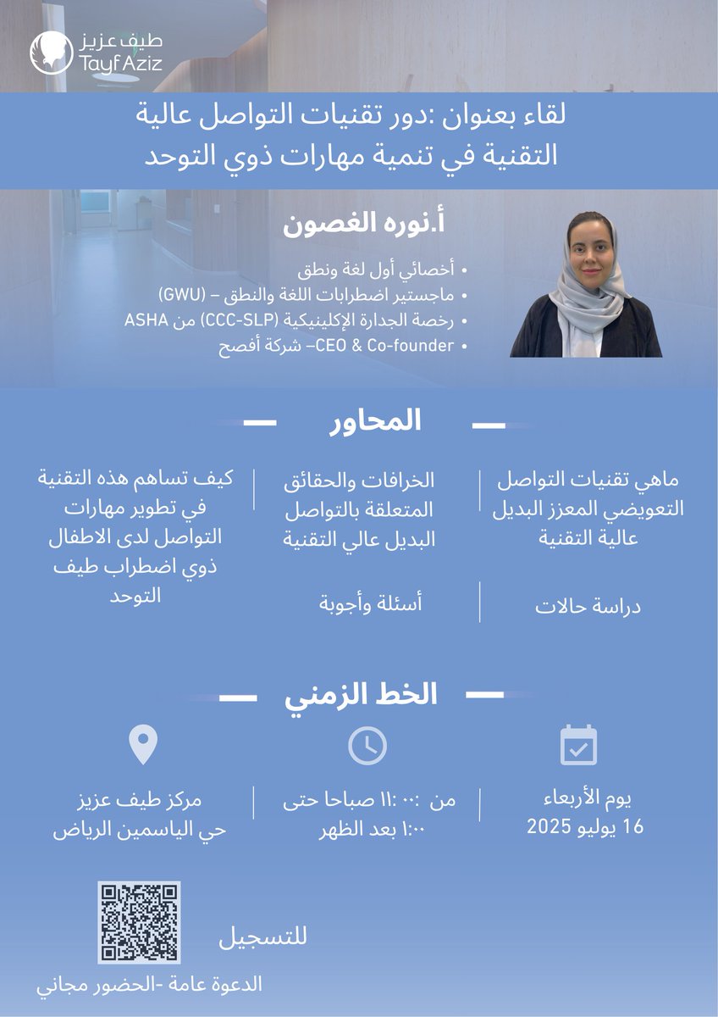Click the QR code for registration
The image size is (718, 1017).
point(139,922)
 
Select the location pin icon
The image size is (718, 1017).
point(142,745)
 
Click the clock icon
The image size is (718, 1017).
point(367,746)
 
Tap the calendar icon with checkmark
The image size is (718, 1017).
point(579,745)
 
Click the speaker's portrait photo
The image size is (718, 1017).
point(586,285)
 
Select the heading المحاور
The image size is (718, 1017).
point(374,422)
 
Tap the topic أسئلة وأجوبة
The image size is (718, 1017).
point(370,603)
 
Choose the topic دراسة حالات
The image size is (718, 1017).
point(588,608)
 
